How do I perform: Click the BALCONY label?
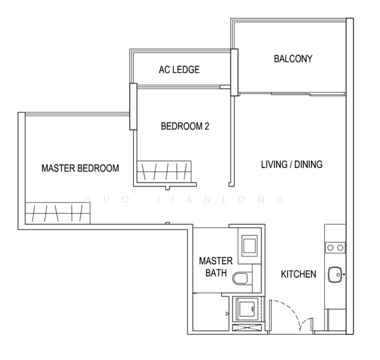click(293, 59)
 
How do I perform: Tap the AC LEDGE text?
click(179, 70)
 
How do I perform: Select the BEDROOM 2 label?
click(185, 127)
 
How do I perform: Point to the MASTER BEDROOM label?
click(80, 169)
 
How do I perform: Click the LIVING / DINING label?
click(291, 164)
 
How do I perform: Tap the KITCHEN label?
click(298, 274)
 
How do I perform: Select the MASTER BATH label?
click(211, 268)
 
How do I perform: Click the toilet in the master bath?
click(242, 278)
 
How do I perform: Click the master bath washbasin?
click(248, 245)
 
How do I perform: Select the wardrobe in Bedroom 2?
click(164, 171)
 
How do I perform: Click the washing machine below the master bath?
click(246, 309)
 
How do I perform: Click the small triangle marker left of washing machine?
click(227, 313)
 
